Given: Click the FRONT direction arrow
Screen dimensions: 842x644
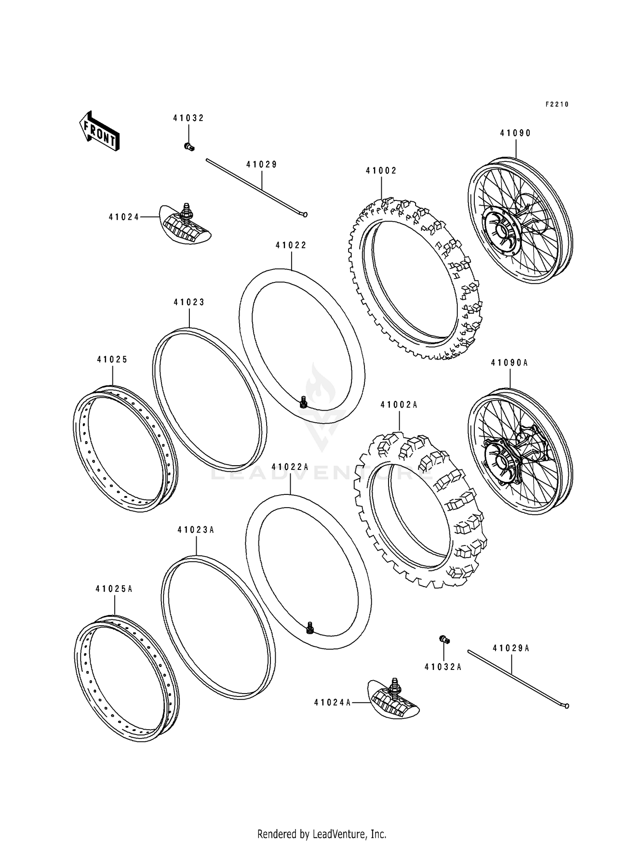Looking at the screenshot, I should point(99,131).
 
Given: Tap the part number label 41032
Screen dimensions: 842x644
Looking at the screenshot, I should point(188,118).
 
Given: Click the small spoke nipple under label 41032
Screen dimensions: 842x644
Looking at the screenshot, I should point(189,147).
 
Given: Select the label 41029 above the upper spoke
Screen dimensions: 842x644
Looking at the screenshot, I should point(261,164).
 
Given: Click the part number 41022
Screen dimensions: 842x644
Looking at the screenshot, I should point(291,245).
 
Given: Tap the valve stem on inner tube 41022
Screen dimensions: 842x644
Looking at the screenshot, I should point(304,402).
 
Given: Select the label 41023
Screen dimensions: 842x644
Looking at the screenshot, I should point(189,302).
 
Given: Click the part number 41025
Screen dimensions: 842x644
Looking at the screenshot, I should point(112,360).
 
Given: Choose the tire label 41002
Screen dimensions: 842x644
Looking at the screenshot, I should point(381,170).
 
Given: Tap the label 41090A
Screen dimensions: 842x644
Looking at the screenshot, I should point(509,363).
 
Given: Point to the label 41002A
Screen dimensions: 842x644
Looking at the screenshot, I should point(399,404).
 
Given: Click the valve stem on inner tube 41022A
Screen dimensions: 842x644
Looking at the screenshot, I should point(310,628).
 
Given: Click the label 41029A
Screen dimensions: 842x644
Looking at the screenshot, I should point(511,648).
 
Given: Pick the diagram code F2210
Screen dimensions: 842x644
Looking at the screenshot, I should point(557,104).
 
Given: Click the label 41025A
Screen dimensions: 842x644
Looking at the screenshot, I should point(114,589).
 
